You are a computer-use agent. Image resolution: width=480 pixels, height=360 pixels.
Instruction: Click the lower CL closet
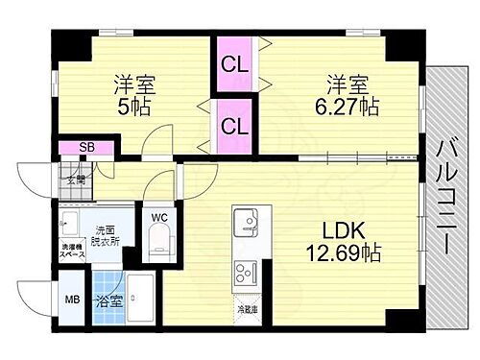231,125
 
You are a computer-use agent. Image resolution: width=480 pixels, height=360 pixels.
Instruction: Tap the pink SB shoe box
86,147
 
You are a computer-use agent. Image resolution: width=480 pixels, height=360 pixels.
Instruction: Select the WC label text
159,218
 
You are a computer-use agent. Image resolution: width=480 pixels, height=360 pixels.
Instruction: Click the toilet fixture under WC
160,244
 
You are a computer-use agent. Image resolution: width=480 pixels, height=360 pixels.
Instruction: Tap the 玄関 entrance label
76,180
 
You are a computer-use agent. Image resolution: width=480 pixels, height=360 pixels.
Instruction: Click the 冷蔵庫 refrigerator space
248,311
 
